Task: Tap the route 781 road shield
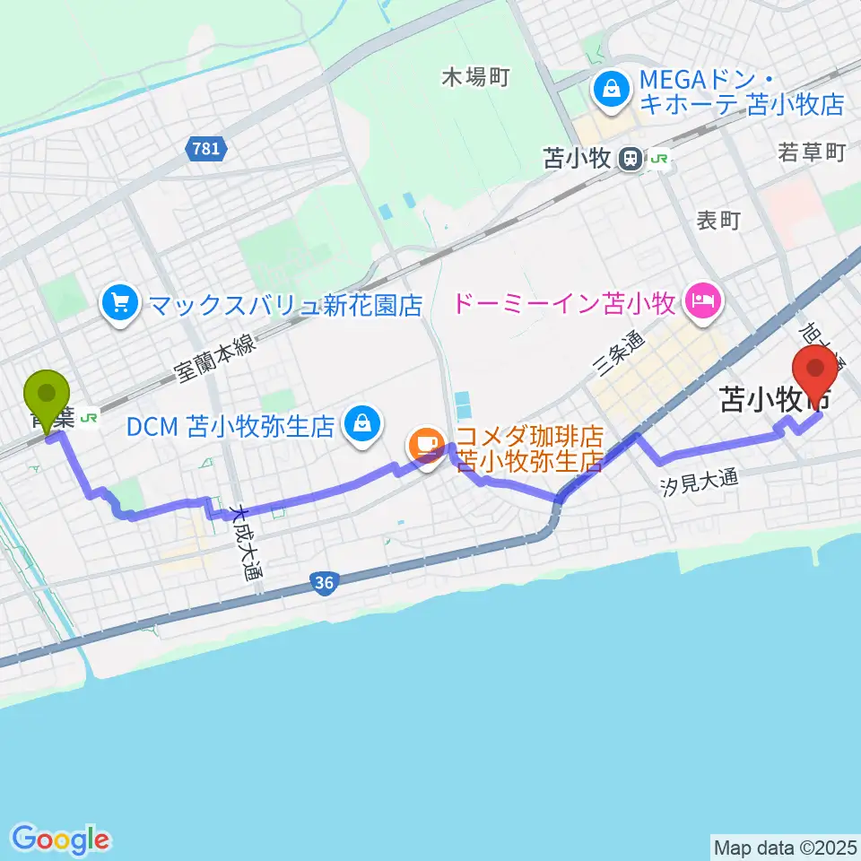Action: (x=206, y=148)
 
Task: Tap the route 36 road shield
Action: (x=325, y=584)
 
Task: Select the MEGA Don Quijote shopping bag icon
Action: (x=611, y=90)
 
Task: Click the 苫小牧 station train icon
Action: (x=631, y=159)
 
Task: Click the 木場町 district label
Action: (x=475, y=77)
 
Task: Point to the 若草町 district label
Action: (x=812, y=153)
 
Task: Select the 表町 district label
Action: (x=717, y=220)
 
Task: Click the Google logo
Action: (x=60, y=839)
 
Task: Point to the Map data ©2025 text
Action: (x=785, y=846)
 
